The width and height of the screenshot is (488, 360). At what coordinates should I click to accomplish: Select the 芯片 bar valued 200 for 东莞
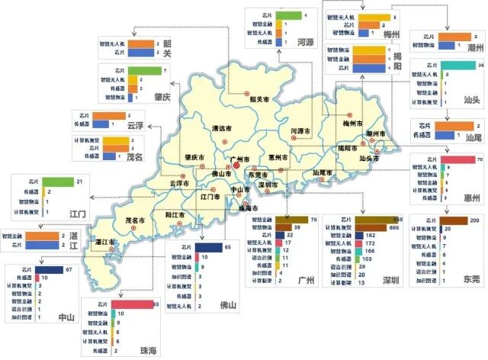pos(455,220)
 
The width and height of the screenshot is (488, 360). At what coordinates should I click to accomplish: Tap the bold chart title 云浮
pos(135,125)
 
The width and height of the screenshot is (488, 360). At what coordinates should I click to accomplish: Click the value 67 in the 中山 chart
pos(69,270)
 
